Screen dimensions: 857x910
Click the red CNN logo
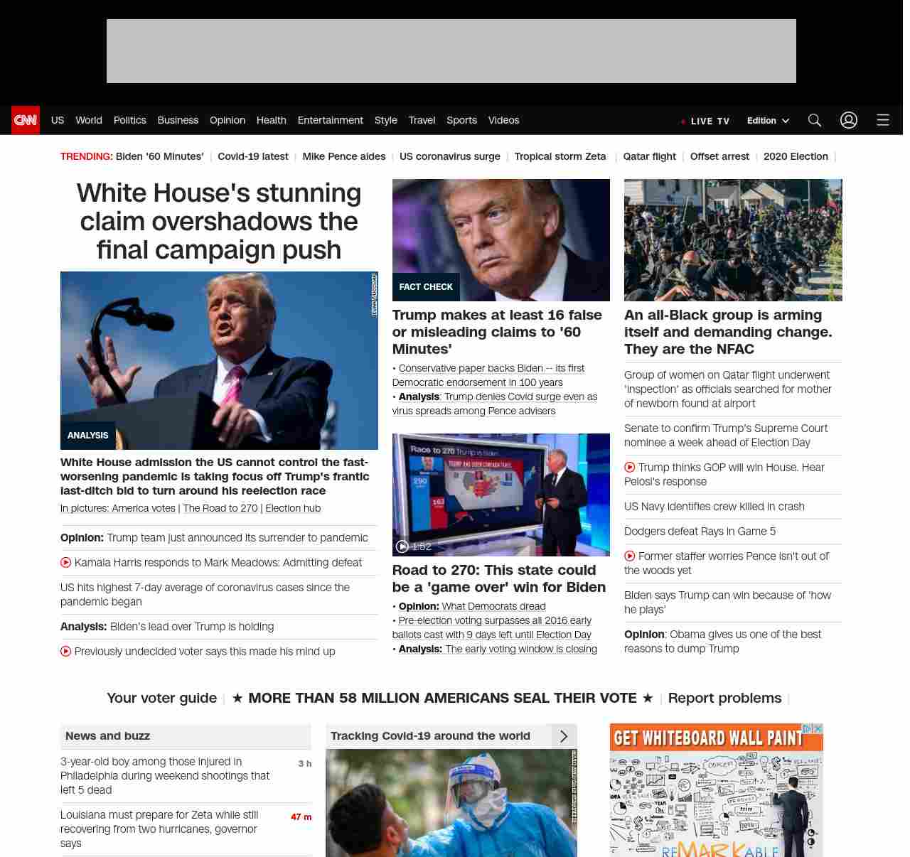[26, 120]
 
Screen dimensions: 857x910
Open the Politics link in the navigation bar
[129, 120]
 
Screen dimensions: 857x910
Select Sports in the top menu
[461, 120]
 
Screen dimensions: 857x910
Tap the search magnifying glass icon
[815, 120]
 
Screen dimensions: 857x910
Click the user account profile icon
[849, 120]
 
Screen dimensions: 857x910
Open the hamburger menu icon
[883, 120]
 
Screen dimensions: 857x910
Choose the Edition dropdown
[768, 121]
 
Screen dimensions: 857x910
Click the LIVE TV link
[706, 122]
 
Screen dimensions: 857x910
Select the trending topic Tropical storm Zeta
[560, 156]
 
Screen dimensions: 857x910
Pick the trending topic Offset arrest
[719, 156]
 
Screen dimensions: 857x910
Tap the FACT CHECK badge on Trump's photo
[426, 287]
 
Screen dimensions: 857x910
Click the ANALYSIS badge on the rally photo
[88, 436]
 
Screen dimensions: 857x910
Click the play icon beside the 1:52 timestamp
[402, 546]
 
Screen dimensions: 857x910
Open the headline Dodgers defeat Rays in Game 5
[700, 532]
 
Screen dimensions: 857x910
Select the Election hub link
[293, 508]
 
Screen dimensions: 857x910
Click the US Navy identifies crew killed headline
[714, 507]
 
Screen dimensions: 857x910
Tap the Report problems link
[724, 698]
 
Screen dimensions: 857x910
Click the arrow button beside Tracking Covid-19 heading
[564, 736]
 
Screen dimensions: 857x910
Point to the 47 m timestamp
[301, 817]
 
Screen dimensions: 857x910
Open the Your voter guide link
[161, 698]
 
